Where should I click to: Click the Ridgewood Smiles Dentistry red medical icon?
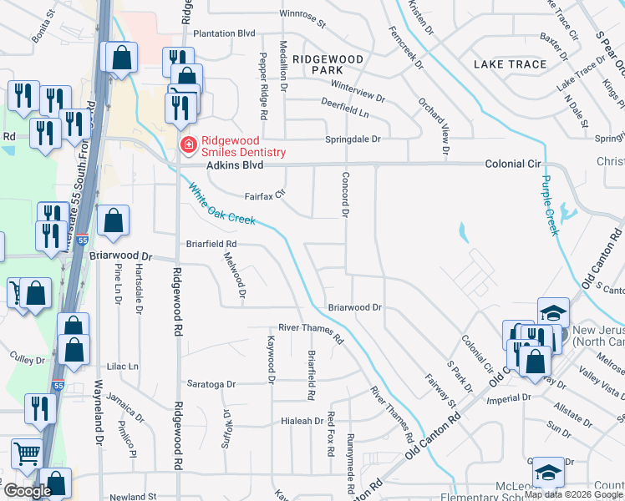189,146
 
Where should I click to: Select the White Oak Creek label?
221,205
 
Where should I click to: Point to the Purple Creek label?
549,205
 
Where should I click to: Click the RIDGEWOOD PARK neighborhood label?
329,65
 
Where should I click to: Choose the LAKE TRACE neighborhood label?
510,64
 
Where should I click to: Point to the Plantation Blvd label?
224,33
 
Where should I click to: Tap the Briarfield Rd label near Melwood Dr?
210,244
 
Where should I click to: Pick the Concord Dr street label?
344,195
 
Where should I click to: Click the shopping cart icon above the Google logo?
27,453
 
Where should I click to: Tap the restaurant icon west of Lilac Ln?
40,408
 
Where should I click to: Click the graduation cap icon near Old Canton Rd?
552,313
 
